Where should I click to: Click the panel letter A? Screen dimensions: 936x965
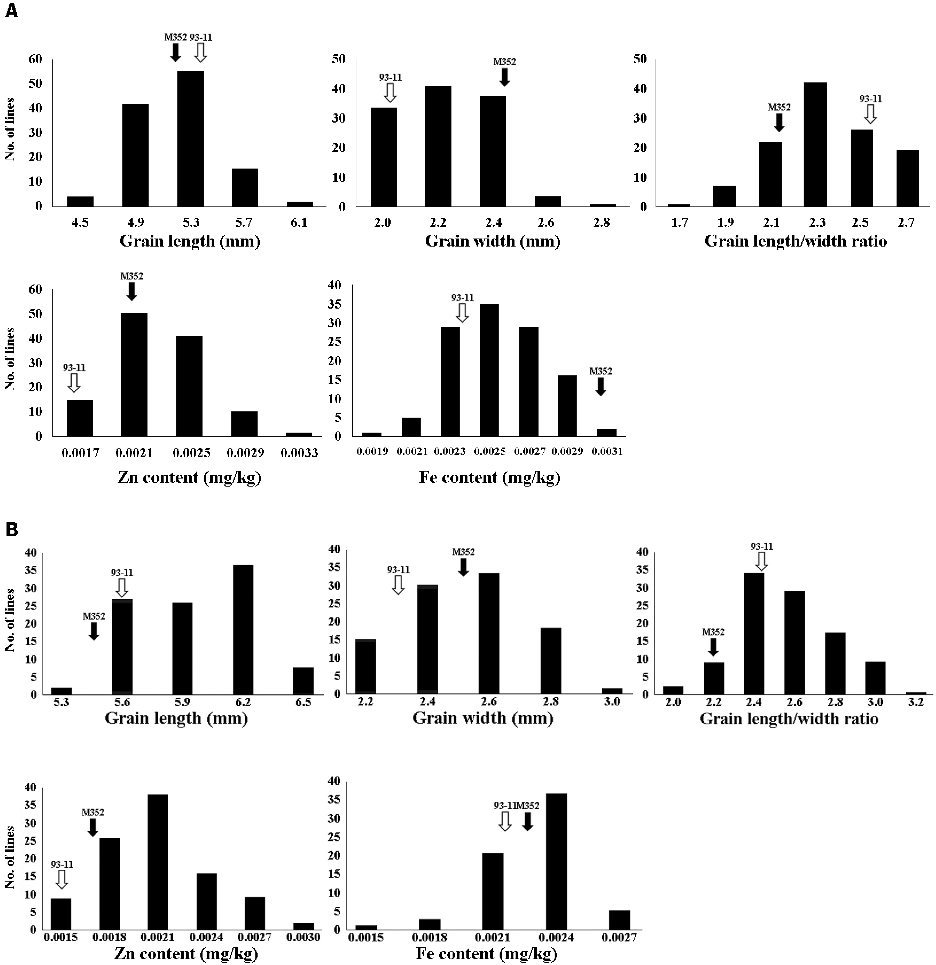[11, 11]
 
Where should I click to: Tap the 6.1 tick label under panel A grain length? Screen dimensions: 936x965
[299, 222]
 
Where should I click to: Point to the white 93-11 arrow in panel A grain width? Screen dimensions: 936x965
[390, 92]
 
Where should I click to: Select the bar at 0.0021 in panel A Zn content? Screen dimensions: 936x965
[134, 375]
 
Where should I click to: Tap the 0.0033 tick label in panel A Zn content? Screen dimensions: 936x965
[299, 452]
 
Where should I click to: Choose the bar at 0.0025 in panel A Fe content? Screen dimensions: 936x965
[489, 370]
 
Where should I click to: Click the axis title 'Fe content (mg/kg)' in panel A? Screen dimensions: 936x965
[490, 477]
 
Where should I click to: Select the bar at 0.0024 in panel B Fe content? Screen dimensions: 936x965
[557, 861]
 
